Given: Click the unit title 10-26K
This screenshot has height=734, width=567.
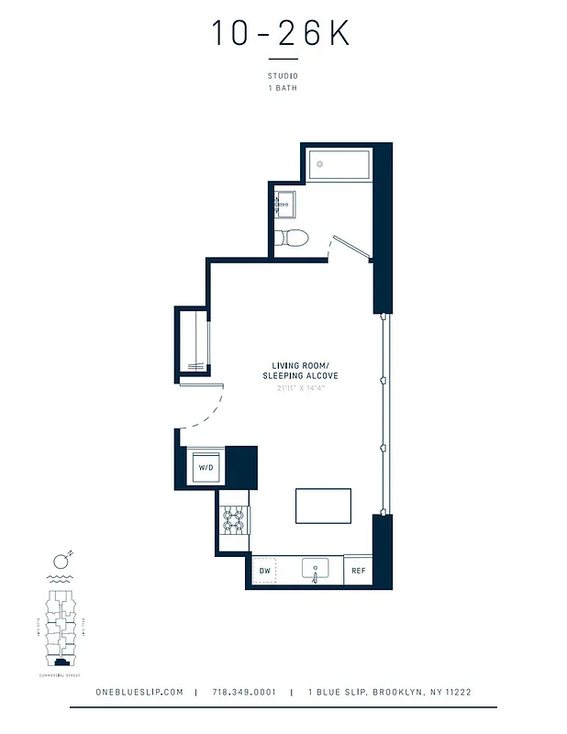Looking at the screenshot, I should pyautogui.click(x=282, y=34).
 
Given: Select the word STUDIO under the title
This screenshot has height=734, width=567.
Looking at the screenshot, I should pyautogui.click(x=283, y=76).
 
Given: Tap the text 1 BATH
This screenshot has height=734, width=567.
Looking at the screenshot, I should pyautogui.click(x=283, y=89).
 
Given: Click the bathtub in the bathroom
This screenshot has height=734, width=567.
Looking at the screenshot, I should pyautogui.click(x=339, y=165).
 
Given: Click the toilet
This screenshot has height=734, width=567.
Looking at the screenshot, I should pyautogui.click(x=293, y=238).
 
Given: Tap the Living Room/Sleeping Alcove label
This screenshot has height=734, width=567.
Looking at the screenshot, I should pyautogui.click(x=294, y=372).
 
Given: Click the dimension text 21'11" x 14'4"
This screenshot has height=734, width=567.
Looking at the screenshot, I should pyautogui.click(x=294, y=388).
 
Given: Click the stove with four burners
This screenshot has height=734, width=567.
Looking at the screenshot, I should pyautogui.click(x=234, y=521).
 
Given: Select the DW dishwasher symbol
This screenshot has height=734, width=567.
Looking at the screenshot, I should pyautogui.click(x=264, y=571).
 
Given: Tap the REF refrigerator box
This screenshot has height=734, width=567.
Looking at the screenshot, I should pyautogui.click(x=358, y=571).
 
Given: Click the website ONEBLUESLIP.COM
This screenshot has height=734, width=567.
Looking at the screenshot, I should pyautogui.click(x=139, y=693).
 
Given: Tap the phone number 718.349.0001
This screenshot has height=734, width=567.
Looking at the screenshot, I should pyautogui.click(x=243, y=693).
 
